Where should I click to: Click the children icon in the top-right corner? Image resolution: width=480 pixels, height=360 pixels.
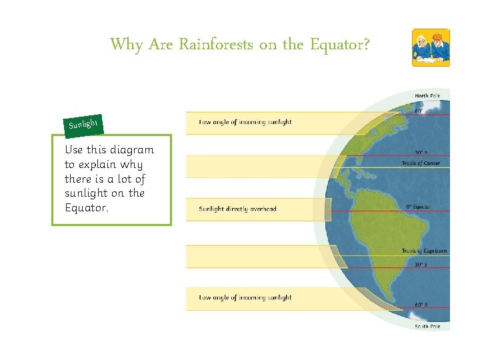[x=430, y=47]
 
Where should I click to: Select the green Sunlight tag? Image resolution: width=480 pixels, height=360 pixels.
[x=83, y=124]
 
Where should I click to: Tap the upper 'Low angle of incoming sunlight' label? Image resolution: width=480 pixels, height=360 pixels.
[x=245, y=122]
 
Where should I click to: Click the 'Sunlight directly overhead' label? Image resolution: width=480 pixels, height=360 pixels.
[x=237, y=209]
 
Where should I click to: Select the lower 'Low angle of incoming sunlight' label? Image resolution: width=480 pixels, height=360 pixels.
[x=245, y=297]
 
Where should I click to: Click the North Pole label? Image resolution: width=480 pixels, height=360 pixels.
[x=427, y=96]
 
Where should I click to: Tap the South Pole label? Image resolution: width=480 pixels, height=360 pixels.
[x=427, y=327]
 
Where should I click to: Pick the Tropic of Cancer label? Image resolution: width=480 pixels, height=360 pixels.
[x=421, y=163]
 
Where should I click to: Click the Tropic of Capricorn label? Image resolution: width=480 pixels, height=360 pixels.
[x=424, y=251]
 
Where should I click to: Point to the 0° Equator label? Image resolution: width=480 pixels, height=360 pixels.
[x=419, y=207]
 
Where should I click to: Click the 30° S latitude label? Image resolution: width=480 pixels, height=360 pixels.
[x=421, y=264]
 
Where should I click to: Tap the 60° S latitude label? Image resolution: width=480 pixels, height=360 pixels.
[x=421, y=305]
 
